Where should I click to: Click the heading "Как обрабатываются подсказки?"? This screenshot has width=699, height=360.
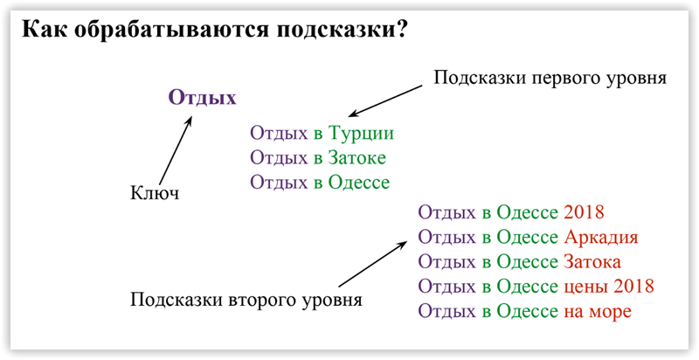point(213,31)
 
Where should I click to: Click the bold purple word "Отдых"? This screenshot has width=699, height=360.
point(203,97)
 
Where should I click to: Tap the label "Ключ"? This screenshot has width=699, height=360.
point(155,194)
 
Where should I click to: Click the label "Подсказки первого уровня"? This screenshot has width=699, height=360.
point(550,78)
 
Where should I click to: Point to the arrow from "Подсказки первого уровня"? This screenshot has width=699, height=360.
point(384,101)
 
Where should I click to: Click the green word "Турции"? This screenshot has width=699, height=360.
point(361,133)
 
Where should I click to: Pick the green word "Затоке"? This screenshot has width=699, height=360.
point(356,157)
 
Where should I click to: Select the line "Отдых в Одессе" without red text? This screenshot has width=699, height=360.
point(320,183)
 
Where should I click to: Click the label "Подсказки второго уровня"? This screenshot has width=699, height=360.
point(246,299)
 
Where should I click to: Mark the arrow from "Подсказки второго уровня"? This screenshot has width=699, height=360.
point(373,264)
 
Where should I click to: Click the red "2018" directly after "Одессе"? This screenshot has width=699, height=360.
point(584,212)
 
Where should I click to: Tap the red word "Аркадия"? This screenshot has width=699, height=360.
point(601,237)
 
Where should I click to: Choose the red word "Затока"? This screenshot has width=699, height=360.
point(592,261)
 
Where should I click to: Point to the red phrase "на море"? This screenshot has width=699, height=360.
point(598,311)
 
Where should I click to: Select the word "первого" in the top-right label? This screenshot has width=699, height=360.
point(571,79)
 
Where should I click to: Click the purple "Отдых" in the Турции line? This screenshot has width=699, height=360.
point(279,133)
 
